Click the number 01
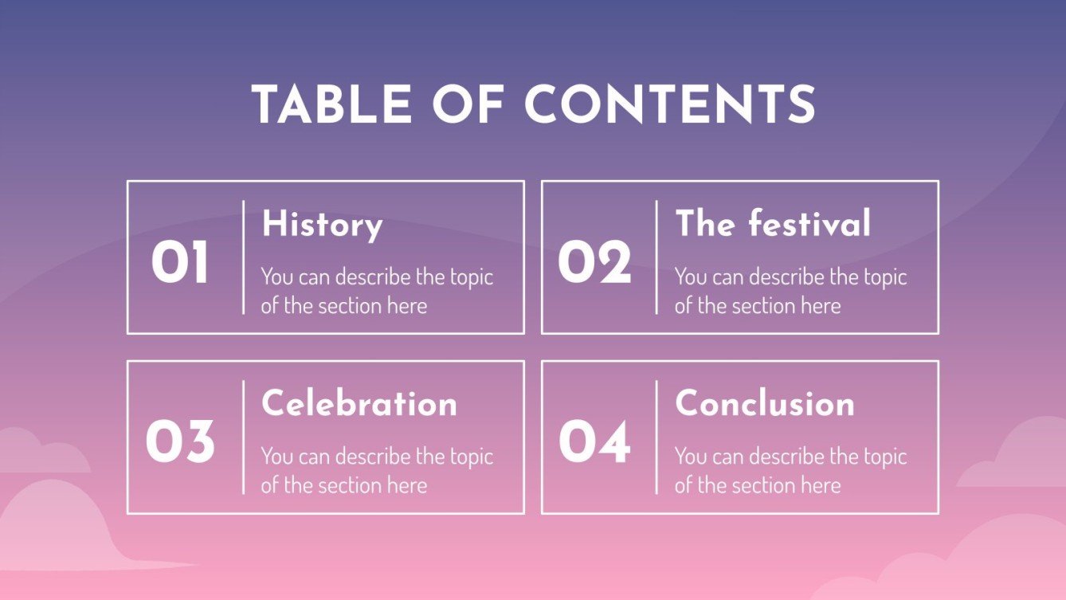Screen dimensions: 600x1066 [180, 263]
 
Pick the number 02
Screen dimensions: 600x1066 [594, 263]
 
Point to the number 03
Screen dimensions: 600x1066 [180, 442]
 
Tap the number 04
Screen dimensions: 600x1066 [594, 442]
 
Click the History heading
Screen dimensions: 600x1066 [322, 225]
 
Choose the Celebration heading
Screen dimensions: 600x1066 [359, 403]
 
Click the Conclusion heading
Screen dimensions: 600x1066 [765, 403]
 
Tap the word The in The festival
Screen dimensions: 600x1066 [705, 224]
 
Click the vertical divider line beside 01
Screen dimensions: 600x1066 [243, 257]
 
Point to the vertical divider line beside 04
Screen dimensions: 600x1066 [656, 437]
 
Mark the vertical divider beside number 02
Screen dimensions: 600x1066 [656, 257]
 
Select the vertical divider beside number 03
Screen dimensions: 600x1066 [243, 437]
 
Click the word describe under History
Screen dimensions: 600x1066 [372, 277]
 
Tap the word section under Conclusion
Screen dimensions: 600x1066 [758, 485]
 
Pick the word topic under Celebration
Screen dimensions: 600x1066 [471, 457]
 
